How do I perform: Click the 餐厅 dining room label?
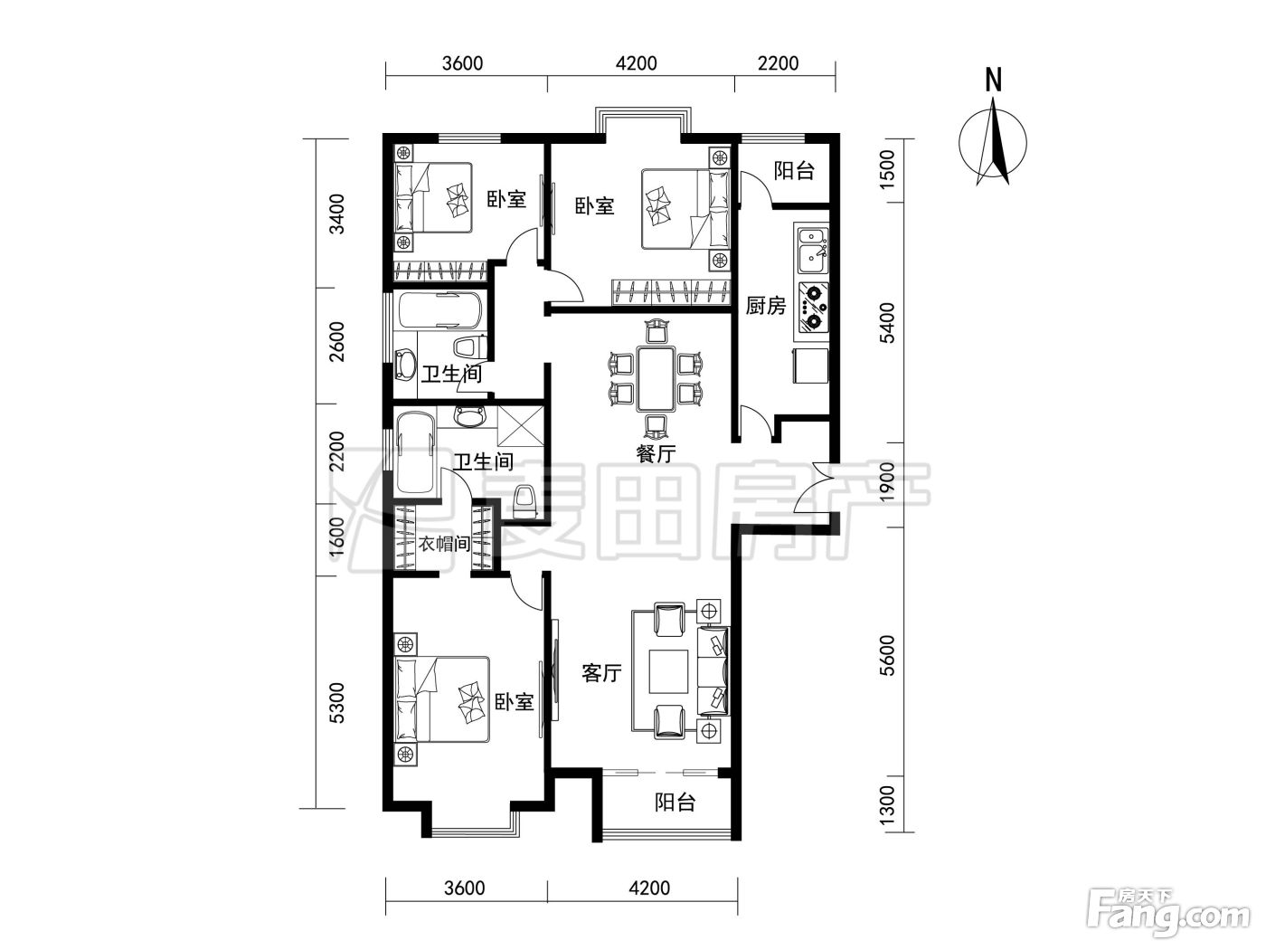(x=656, y=454)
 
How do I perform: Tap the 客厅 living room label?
(x=601, y=672)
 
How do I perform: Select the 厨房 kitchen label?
(x=765, y=306)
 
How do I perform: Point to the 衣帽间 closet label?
(x=444, y=544)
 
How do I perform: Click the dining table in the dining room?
(x=656, y=378)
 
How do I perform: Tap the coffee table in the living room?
(x=668, y=671)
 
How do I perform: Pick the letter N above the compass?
(x=993, y=81)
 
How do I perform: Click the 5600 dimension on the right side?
(x=888, y=655)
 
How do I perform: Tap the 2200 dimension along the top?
(x=778, y=62)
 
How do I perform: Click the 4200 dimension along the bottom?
(x=649, y=888)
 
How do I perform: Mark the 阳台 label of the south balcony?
(x=675, y=803)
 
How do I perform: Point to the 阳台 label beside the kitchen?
(x=794, y=171)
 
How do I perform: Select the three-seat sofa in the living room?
(x=713, y=671)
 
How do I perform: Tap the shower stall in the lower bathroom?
(x=520, y=427)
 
